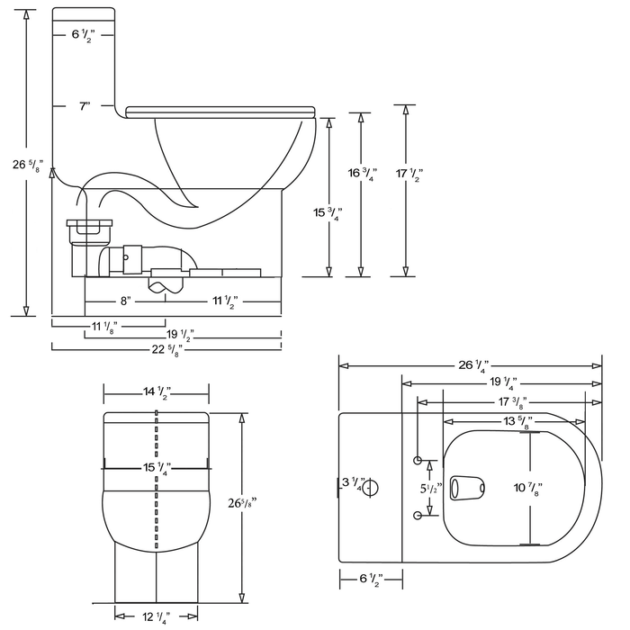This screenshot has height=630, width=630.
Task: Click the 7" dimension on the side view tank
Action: (84, 106)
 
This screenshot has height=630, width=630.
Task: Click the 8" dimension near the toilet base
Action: (125, 299)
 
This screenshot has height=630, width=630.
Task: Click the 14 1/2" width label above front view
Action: (157, 392)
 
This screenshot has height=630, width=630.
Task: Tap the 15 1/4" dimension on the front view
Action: (157, 466)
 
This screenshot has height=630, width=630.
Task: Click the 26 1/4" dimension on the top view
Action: (472, 365)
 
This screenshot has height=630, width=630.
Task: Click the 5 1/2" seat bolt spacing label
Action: (429, 488)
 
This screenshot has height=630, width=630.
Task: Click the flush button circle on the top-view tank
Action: (371, 487)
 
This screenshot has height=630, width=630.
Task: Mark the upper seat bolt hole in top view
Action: (418, 461)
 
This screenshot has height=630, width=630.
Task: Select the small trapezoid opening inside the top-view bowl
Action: (467, 487)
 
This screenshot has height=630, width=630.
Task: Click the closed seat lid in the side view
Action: (220, 112)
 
